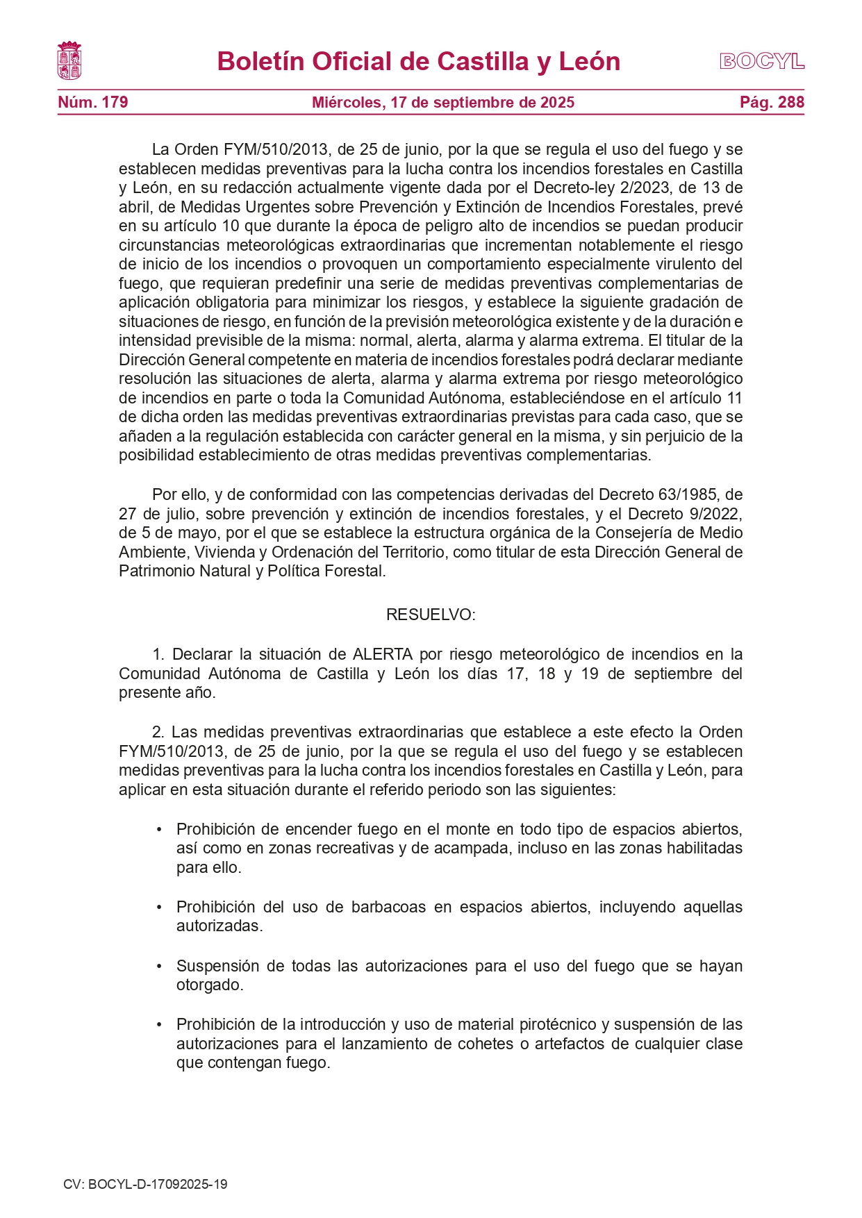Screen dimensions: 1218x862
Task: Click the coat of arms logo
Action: pos(69,61)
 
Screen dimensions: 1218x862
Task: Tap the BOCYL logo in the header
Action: pos(762,61)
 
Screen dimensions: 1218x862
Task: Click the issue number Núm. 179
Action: pos(93,103)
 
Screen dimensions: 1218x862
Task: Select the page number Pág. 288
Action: pos(772,103)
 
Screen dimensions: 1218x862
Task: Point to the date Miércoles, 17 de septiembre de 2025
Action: pos(443,103)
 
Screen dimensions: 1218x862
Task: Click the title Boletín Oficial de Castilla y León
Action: pos(418,62)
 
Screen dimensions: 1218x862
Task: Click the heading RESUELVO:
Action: pos(431,615)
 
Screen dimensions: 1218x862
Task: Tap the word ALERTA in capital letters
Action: pos(383,655)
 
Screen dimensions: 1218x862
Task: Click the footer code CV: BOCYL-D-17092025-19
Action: pos(145,1185)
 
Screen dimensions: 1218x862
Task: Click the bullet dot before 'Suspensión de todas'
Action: pos(159,967)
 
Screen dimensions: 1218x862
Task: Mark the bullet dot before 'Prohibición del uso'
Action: pos(159,908)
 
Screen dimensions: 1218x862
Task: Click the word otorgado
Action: pos(209,985)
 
